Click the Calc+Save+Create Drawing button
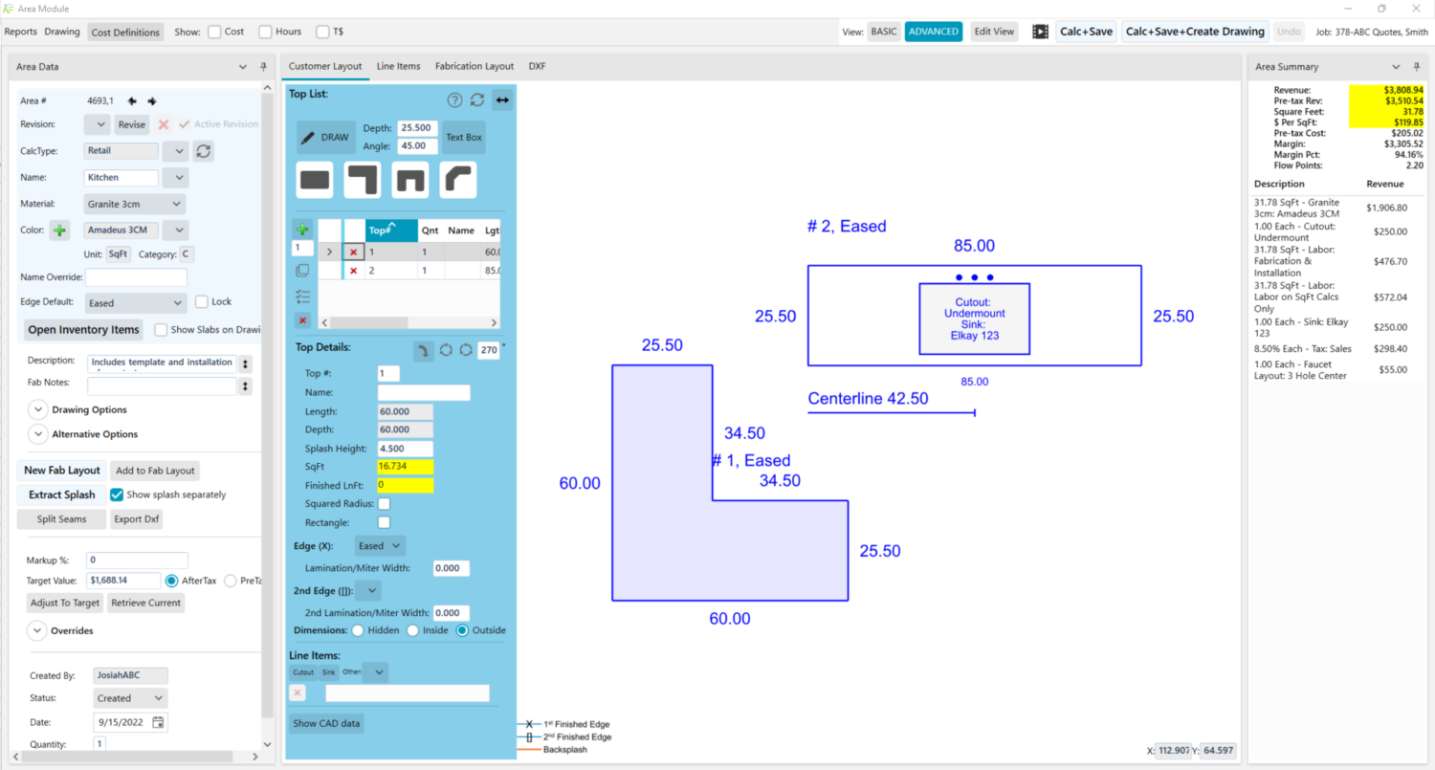tap(1195, 32)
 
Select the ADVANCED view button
tap(933, 32)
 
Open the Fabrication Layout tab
tap(474, 66)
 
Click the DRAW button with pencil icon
tap(325, 137)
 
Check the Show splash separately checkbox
tap(117, 495)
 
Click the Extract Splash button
tap(61, 495)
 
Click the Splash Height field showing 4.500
tap(405, 449)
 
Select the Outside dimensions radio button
tap(463, 630)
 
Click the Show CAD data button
tap(326, 723)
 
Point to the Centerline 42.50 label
tap(868, 399)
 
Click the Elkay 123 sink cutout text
tap(974, 336)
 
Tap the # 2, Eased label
tap(847, 227)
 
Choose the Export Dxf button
tap(136, 519)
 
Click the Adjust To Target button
tap(65, 603)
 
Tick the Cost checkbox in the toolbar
tap(214, 32)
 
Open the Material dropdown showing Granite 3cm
tap(134, 204)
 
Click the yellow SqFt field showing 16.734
tap(405, 467)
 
